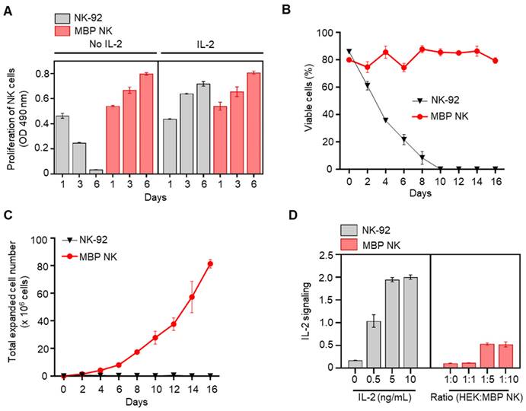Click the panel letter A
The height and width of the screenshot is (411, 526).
coord(7,8)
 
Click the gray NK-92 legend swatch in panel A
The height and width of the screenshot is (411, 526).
coord(67,17)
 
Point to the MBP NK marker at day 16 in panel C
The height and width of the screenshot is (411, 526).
coord(210,264)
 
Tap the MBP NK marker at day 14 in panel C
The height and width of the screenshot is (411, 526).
coord(193,297)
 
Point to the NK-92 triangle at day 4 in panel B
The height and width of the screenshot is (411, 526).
coord(385,120)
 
